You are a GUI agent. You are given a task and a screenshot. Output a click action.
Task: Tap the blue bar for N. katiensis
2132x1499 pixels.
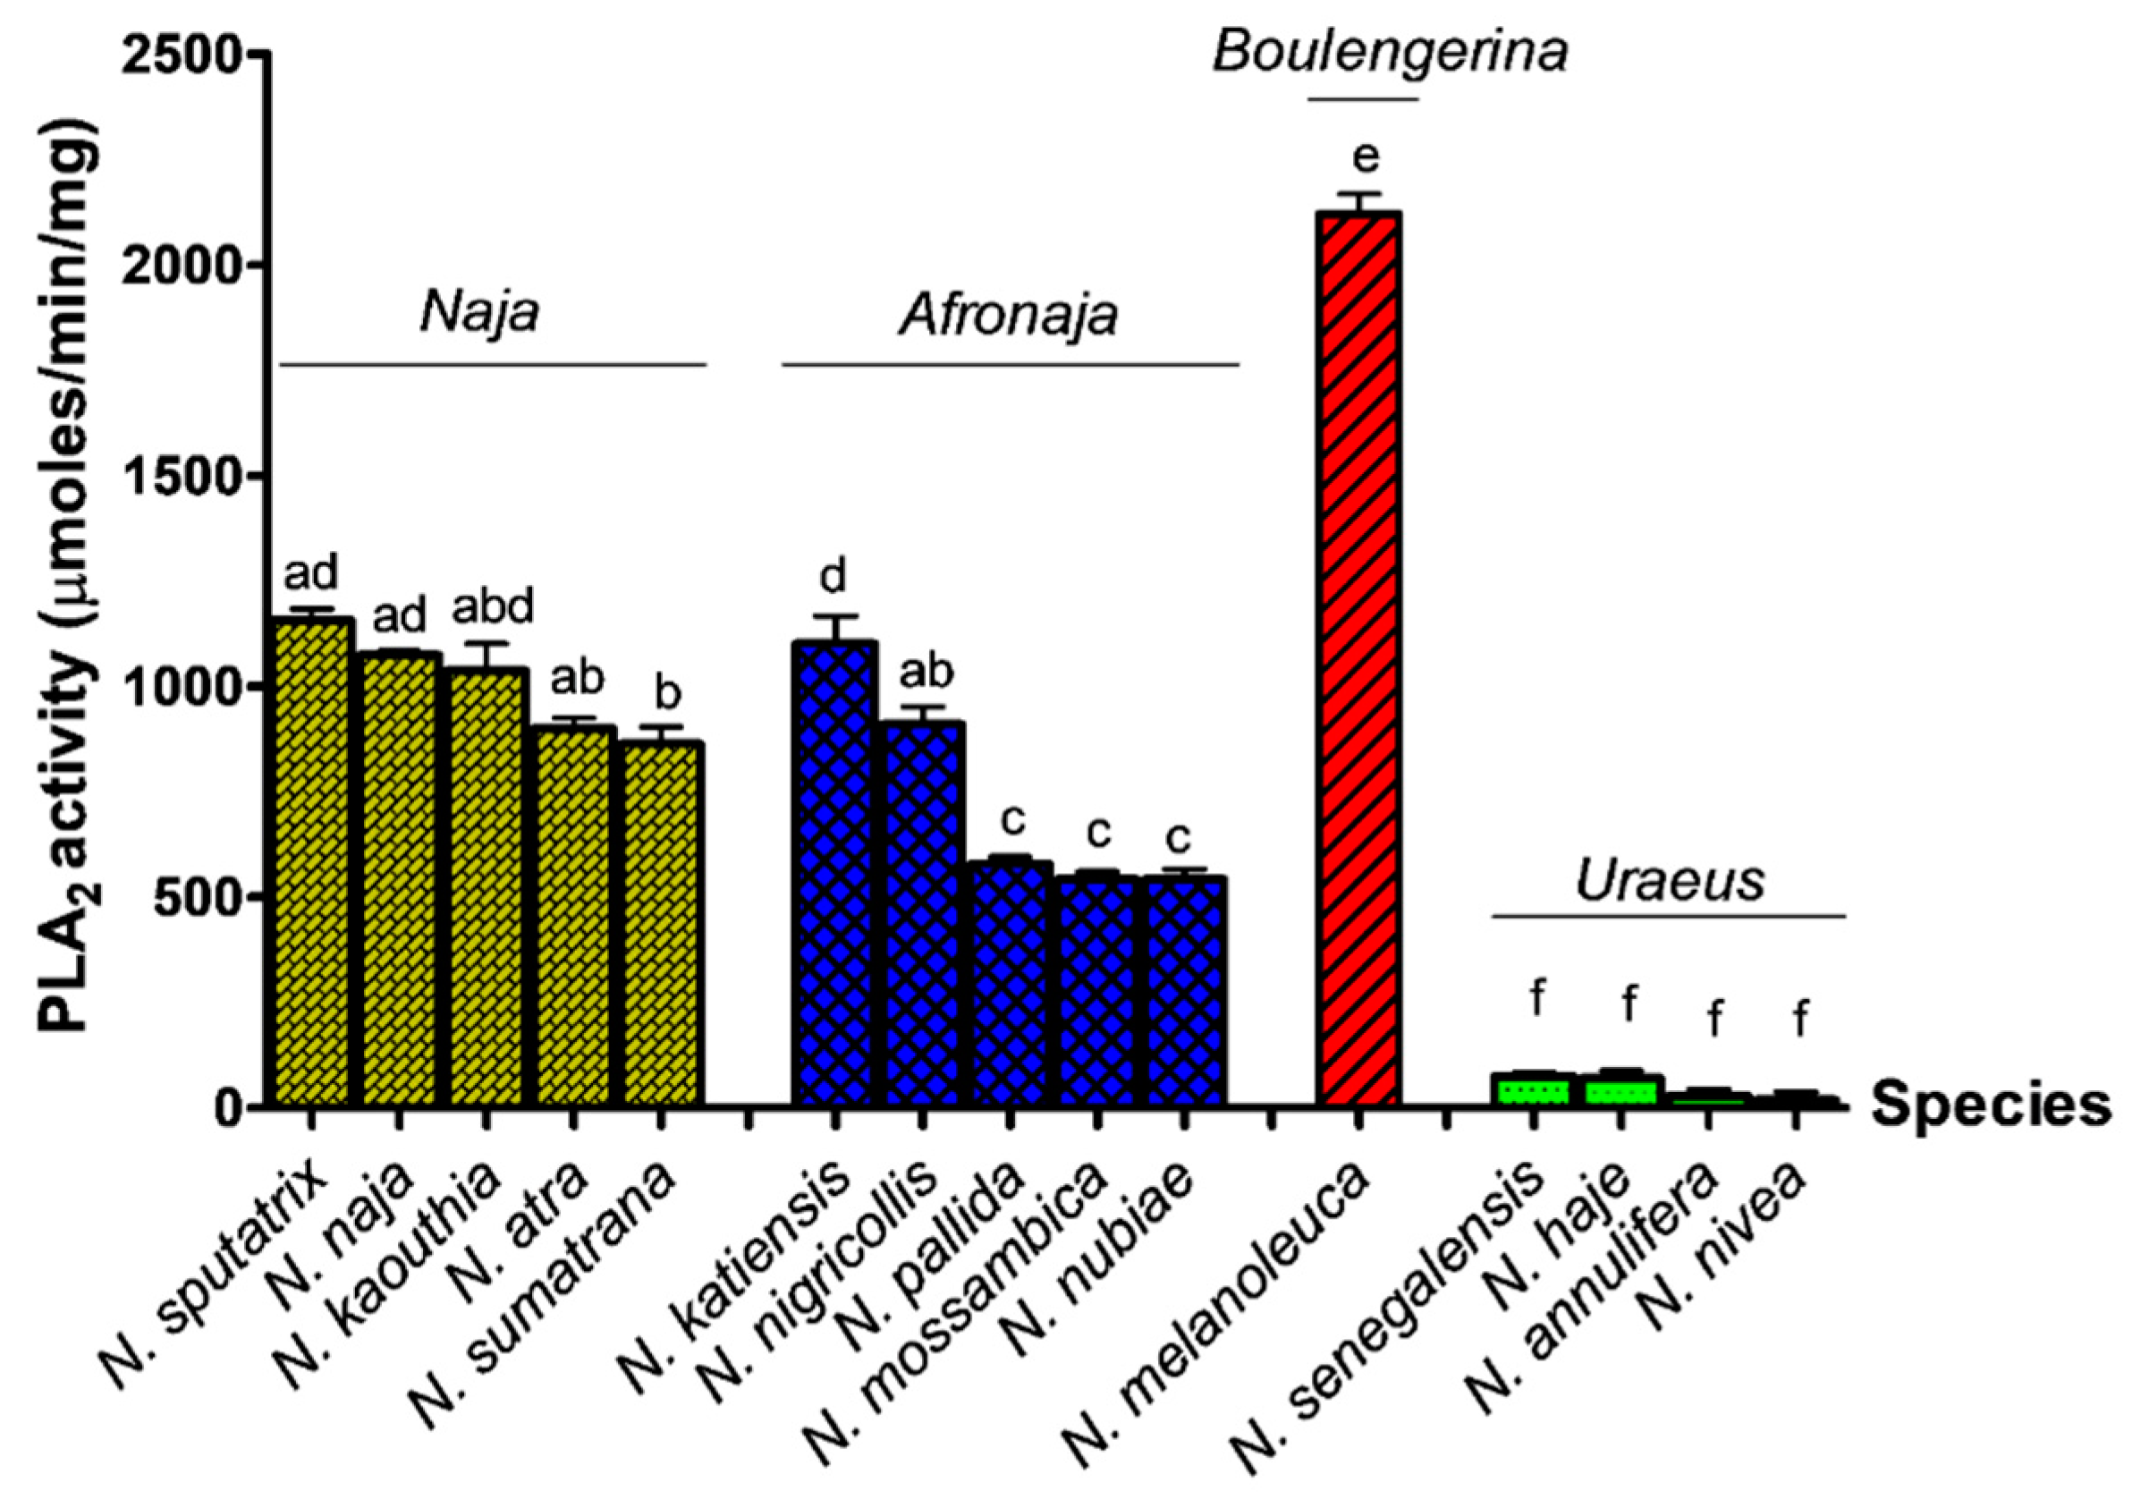(834, 873)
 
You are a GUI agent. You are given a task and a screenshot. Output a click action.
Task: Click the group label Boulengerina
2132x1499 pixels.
(1390, 52)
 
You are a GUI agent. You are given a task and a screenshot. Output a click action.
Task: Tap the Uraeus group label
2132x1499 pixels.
(1669, 880)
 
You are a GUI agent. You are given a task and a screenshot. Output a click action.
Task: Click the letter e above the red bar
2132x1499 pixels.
(1366, 158)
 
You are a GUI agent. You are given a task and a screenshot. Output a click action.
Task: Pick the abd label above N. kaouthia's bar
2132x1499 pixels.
(493, 607)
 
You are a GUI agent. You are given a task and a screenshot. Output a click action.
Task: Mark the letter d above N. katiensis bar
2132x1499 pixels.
(833, 576)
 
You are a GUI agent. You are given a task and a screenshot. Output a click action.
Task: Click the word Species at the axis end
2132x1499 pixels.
(1991, 1105)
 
